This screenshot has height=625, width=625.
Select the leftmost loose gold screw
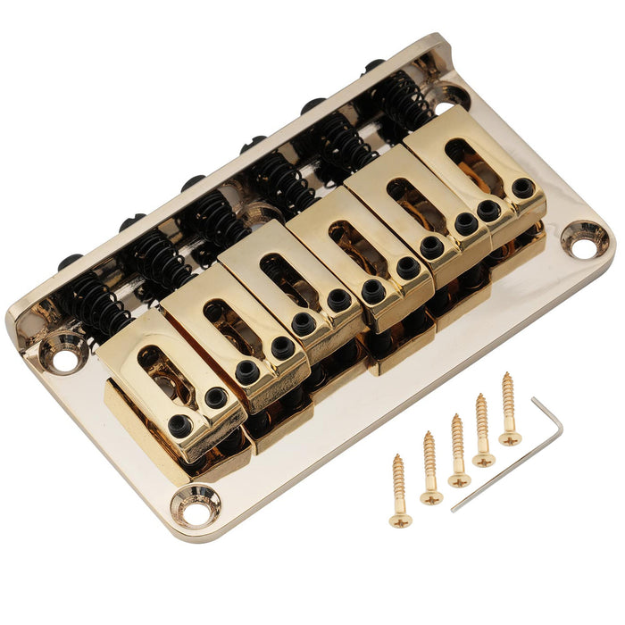click(x=396, y=491)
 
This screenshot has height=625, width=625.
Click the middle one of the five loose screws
click(x=458, y=450)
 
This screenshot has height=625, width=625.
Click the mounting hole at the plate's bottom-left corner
click(x=196, y=507)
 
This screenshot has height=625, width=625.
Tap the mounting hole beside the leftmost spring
click(x=64, y=359)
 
